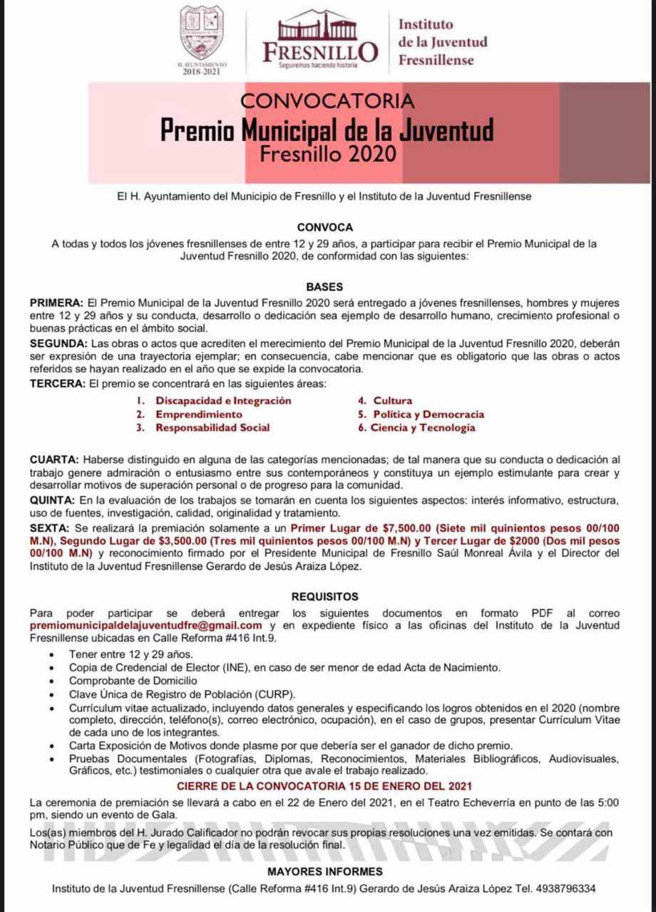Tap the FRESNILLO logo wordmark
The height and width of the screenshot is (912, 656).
coord(320,51)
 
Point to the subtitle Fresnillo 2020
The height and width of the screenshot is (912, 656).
coord(327,154)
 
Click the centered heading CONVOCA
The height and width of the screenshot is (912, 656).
coord(325,227)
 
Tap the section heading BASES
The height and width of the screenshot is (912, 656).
coord(325,286)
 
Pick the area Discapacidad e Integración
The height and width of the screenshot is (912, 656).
coord(223,400)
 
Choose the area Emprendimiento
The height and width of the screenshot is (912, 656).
coord(199,414)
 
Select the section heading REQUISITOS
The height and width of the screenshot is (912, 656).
coord(325,596)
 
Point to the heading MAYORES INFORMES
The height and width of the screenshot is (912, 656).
coord(325,871)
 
